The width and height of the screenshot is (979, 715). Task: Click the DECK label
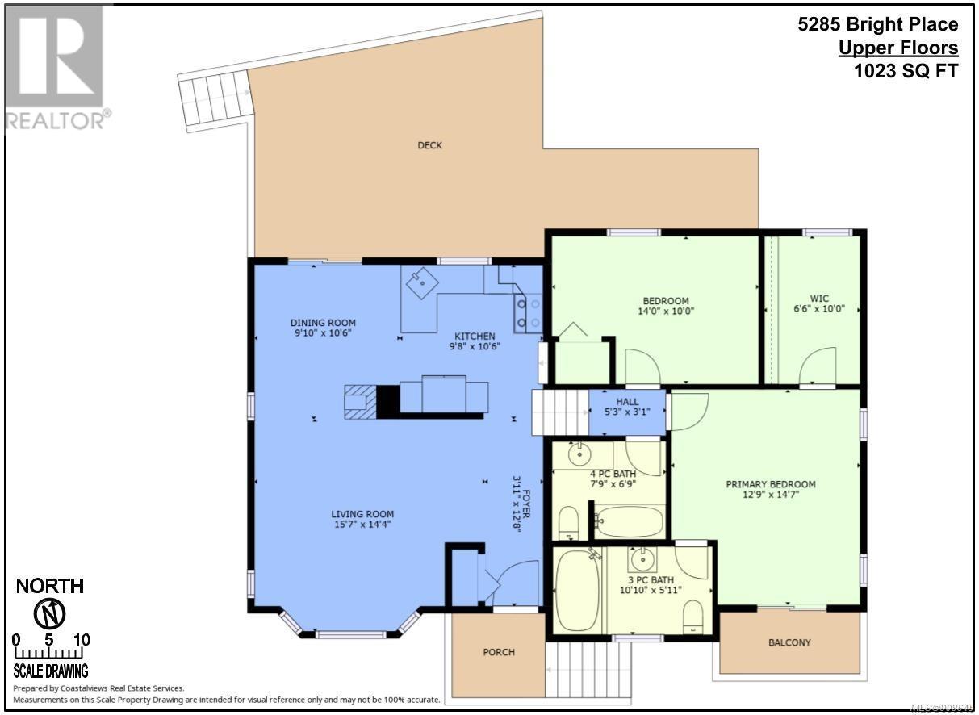(429, 145)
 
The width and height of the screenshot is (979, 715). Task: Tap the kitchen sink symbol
(422, 283)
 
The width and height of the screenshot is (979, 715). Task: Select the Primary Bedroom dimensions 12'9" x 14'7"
(771, 495)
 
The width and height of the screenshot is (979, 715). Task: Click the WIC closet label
(819, 299)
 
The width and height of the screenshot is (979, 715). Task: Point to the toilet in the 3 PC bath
(692, 617)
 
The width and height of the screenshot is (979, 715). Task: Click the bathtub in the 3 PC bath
(577, 590)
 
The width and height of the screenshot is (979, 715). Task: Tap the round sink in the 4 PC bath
(579, 454)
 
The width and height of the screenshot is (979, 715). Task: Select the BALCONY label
(789, 642)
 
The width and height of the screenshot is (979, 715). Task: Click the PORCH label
(499, 652)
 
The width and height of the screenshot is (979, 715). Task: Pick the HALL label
(627, 402)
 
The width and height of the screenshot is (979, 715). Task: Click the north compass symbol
(50, 614)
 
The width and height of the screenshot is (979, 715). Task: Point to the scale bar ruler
(49, 653)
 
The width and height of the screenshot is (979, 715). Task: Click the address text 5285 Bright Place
(878, 24)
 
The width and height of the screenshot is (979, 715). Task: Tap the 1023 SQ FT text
(906, 71)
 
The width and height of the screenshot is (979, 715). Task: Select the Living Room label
(362, 514)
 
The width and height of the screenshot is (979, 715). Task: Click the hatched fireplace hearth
(360, 402)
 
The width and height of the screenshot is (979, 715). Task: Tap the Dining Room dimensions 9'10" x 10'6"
(323, 333)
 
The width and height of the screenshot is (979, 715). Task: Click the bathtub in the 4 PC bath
(630, 522)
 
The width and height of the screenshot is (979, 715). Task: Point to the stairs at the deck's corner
(215, 102)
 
